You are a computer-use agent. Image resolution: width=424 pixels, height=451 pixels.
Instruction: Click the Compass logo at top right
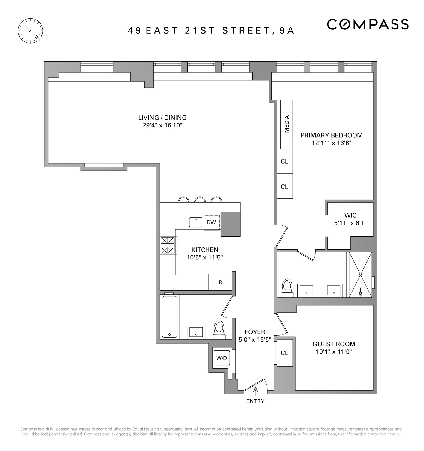pyautogui.click(x=368, y=24)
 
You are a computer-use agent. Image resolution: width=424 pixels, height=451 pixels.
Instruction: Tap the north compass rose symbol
pyautogui.click(x=30, y=31)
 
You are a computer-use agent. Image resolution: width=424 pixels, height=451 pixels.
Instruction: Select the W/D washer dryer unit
pyautogui.click(x=222, y=358)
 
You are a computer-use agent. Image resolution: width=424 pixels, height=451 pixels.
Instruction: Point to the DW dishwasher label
pyautogui.click(x=211, y=222)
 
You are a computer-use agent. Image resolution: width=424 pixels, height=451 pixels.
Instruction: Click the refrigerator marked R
pyautogui.click(x=220, y=282)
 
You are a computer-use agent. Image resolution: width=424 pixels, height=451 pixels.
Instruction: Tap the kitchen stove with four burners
pyautogui.click(x=168, y=245)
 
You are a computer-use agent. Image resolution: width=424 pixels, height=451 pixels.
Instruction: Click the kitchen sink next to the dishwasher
pyautogui.click(x=196, y=222)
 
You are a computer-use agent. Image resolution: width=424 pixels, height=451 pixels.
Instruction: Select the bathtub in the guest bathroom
pyautogui.click(x=169, y=317)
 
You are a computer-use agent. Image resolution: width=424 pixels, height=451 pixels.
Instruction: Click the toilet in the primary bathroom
pyautogui.click(x=287, y=288)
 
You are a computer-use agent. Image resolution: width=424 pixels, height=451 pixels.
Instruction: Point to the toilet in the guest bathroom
pyautogui.click(x=219, y=330)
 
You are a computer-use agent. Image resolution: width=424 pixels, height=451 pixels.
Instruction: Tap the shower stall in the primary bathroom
pyautogui.click(x=360, y=275)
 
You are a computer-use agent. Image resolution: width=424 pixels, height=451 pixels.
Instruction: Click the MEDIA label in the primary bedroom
pyautogui.click(x=287, y=124)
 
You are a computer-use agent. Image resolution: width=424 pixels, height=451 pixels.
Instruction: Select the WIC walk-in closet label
pyautogui.click(x=350, y=215)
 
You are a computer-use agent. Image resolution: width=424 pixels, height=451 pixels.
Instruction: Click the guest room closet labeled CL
pyautogui.click(x=284, y=353)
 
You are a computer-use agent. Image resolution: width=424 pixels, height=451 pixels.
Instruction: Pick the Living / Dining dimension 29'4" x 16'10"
pyautogui.click(x=162, y=125)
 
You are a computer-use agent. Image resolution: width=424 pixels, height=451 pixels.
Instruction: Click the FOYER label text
pyautogui.click(x=255, y=332)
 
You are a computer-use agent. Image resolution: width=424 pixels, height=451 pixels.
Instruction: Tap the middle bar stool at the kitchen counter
pyautogui.click(x=200, y=199)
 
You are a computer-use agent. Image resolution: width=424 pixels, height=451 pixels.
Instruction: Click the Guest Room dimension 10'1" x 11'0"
pyautogui.click(x=334, y=352)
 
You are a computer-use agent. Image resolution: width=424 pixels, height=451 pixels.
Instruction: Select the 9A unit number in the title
pyautogui.click(x=287, y=31)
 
